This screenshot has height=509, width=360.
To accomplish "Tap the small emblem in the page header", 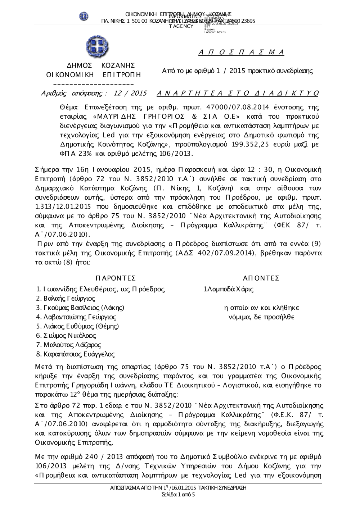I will [x=84, y=16].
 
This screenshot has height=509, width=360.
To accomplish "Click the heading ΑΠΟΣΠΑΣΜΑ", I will [x=241, y=53].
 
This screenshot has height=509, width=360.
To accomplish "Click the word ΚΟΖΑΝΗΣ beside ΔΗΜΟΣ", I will [x=118, y=65].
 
